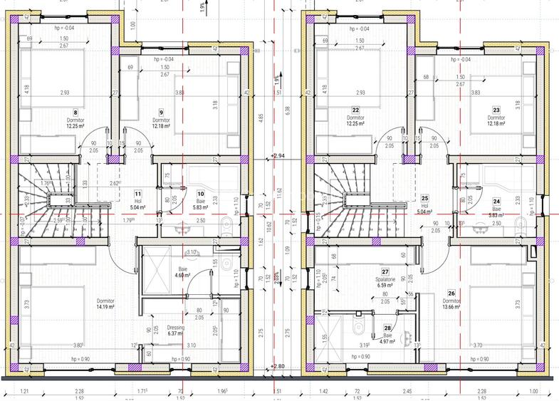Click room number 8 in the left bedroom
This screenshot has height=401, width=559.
click(75, 112)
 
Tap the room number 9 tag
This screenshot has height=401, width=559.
click(161, 112)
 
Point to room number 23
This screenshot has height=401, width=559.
click(496, 110)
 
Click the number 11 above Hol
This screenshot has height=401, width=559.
click(137, 194)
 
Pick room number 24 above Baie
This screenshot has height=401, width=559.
click(496, 201)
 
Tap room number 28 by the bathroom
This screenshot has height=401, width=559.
click(387, 328)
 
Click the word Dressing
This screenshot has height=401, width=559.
click(174, 327)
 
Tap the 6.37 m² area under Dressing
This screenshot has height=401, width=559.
click(174, 333)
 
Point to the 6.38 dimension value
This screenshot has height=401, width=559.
click(287, 110)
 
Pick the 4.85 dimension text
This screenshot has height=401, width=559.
click(262, 116)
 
